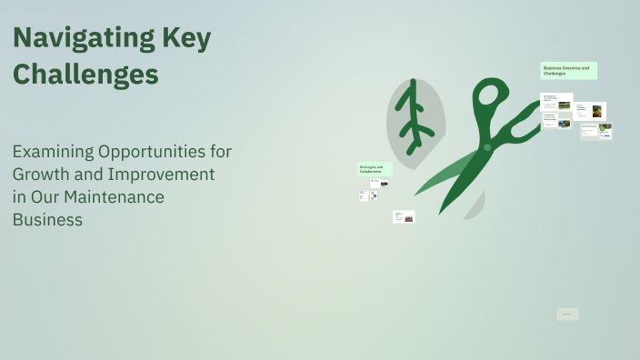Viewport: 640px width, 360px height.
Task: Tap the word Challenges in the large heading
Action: click(85, 74)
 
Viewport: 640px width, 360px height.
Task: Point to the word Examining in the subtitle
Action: click(52, 151)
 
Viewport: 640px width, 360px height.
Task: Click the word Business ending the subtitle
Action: click(47, 219)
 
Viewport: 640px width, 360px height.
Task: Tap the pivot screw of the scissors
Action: click(487, 146)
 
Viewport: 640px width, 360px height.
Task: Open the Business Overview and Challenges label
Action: click(568, 70)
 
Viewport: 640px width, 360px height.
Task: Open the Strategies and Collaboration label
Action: click(375, 169)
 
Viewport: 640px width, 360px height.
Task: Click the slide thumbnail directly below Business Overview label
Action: click(556, 101)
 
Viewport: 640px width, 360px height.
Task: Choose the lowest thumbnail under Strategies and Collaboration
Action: click(404, 216)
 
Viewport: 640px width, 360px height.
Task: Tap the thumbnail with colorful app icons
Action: click(369, 195)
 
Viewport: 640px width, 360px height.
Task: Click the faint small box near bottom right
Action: click(567, 315)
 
